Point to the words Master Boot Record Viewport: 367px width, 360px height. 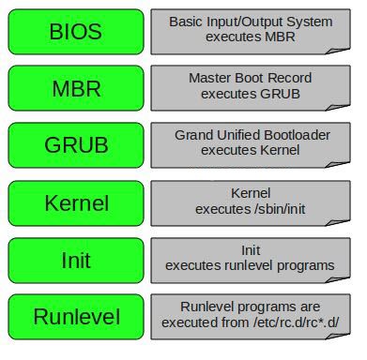250,78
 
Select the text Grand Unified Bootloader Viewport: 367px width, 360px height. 252,135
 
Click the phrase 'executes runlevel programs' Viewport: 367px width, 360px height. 250,265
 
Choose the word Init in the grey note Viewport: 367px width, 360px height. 250,250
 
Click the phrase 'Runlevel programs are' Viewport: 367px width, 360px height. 250,307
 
